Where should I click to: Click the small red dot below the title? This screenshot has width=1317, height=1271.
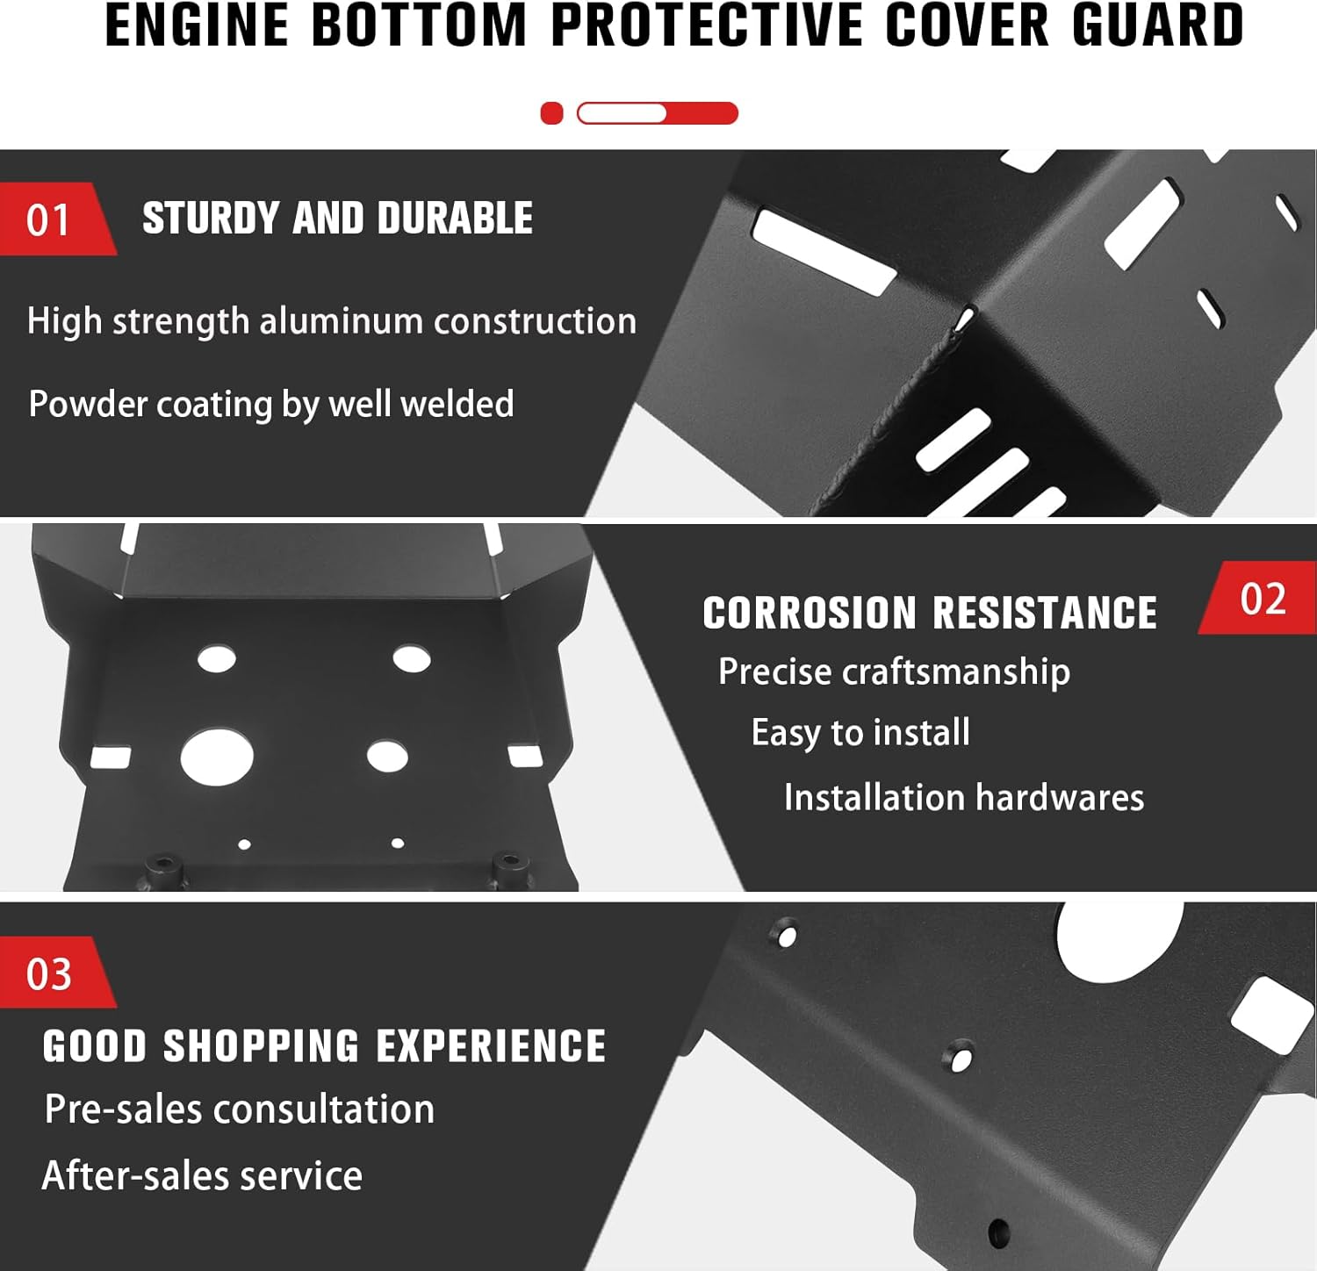(x=551, y=113)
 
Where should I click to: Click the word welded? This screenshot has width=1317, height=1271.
(x=457, y=404)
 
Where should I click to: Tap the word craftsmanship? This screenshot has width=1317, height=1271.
(x=956, y=672)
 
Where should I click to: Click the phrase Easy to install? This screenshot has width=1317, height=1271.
(x=860, y=733)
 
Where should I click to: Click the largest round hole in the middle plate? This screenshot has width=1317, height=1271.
(x=217, y=758)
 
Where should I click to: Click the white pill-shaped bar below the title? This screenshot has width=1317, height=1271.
(x=622, y=113)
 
